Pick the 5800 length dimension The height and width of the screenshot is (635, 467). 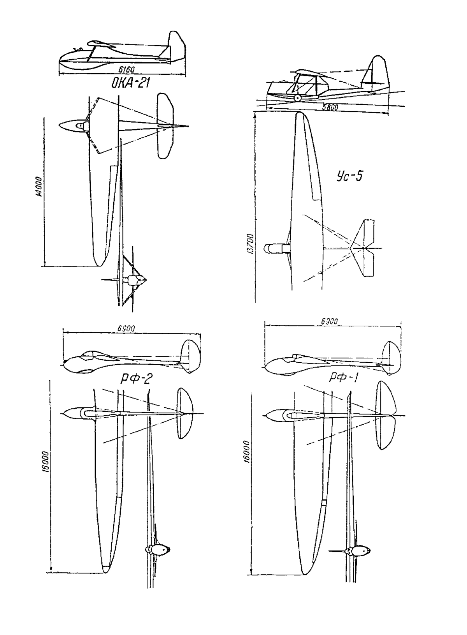click(330, 108)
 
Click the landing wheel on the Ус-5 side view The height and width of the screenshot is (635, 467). click(298, 98)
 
